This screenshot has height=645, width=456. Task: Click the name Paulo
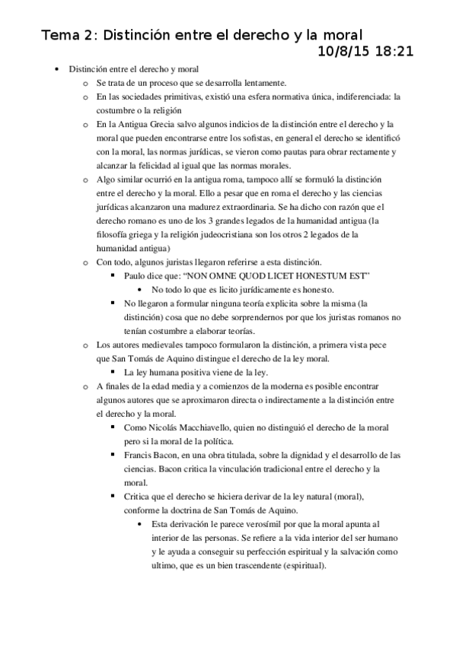(135, 275)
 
